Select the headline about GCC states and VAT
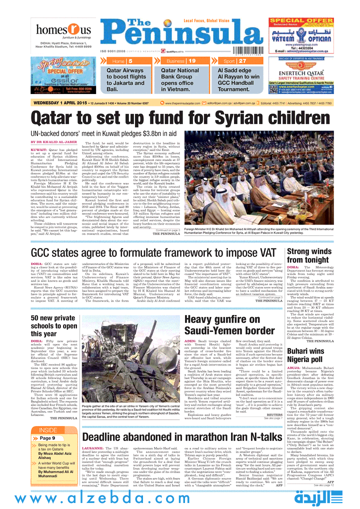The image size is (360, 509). coord(154,253)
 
